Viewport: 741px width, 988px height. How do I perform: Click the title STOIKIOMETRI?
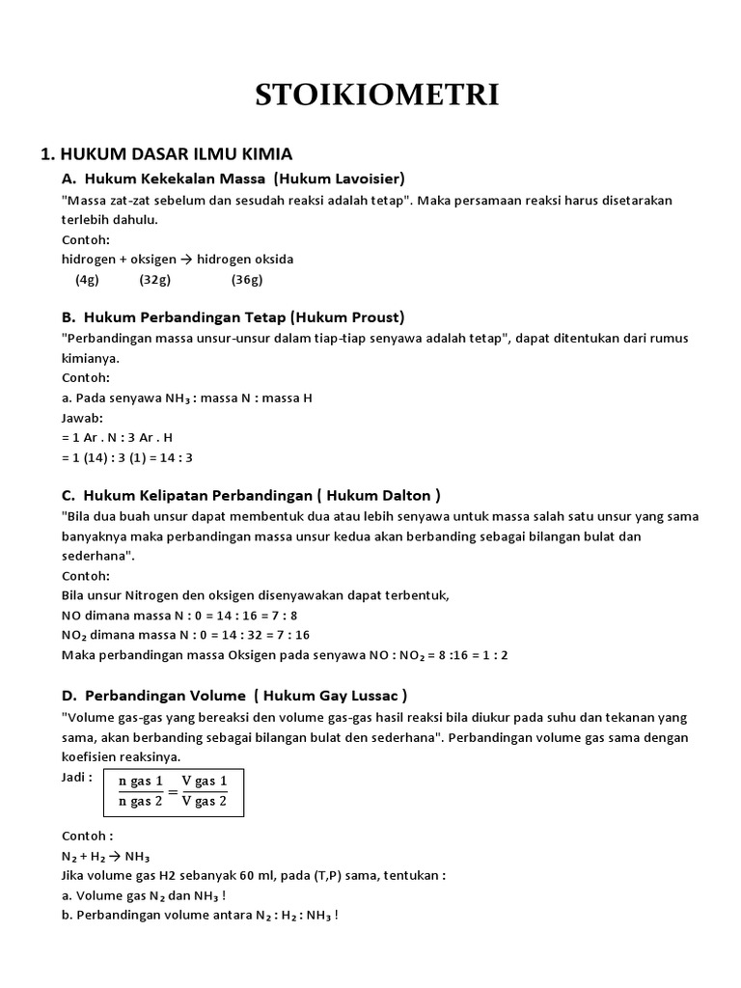point(377,95)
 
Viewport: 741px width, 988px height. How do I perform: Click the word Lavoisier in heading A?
point(366,178)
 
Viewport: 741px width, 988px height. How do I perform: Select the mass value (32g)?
point(154,280)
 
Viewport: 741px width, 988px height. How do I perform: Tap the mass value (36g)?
point(247,280)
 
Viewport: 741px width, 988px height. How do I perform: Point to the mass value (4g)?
point(87,280)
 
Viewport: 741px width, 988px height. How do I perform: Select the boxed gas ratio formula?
point(173,791)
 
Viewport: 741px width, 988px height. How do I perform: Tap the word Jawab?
point(80,418)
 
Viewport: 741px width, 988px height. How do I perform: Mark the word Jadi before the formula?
point(76,777)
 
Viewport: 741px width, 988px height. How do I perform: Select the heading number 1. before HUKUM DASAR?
point(46,154)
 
